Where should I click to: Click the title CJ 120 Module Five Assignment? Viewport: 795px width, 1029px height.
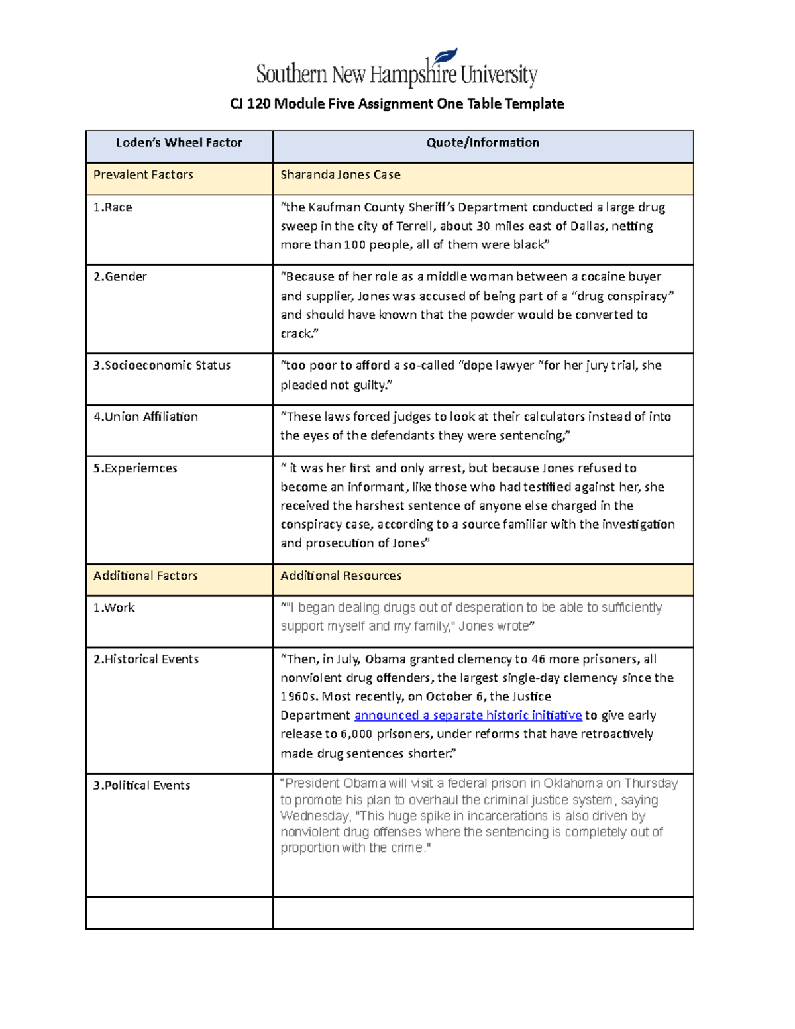[397, 103]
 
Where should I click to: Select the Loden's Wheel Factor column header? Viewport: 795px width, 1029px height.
[179, 142]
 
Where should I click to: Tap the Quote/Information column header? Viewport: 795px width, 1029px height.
[482, 142]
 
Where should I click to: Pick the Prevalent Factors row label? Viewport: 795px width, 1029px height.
[143, 175]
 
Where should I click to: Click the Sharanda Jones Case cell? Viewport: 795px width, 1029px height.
[340, 175]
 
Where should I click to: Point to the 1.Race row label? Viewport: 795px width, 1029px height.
[113, 207]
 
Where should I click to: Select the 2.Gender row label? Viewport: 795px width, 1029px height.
[120, 276]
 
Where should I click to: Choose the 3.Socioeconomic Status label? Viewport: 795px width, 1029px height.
[162, 365]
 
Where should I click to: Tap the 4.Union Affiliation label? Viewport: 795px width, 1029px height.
[146, 417]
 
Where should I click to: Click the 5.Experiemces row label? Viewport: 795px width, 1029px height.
[135, 468]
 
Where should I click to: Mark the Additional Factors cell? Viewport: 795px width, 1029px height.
[145, 576]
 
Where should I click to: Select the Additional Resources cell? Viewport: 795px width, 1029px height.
[341, 576]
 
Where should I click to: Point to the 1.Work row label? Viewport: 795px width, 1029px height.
[114, 608]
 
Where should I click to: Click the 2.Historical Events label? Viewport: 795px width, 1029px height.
[146, 659]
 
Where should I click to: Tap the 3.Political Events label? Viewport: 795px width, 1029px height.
[142, 785]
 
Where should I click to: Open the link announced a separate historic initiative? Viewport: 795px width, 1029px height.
[468, 716]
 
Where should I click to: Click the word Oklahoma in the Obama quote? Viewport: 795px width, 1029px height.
[572, 784]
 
